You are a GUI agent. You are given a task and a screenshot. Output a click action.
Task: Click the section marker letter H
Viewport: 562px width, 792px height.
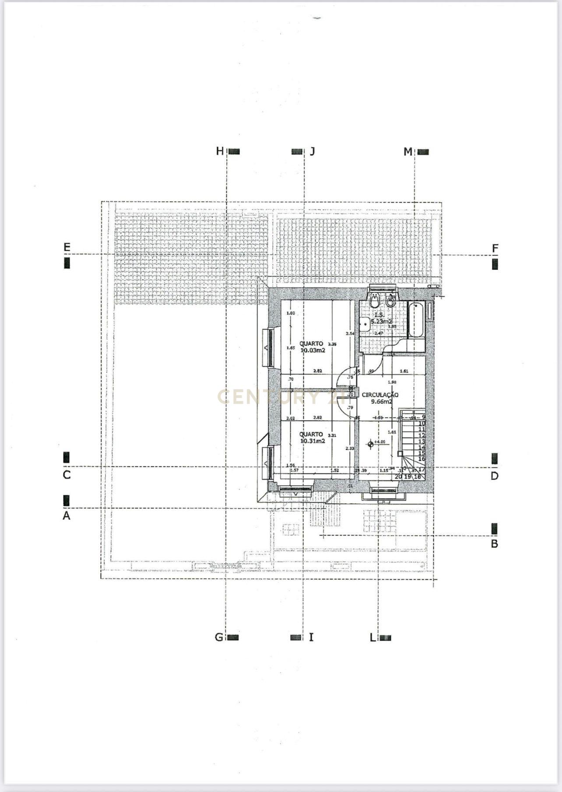tap(220, 151)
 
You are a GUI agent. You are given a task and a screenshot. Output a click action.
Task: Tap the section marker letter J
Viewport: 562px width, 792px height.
tap(312, 151)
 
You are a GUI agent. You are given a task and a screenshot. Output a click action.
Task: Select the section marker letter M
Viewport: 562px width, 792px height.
tap(407, 152)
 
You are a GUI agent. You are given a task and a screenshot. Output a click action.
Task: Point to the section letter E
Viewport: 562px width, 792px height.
tap(67, 247)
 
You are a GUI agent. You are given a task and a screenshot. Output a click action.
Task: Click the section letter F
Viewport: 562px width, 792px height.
tap(495, 249)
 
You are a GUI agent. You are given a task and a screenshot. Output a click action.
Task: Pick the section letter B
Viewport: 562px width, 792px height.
tap(494, 544)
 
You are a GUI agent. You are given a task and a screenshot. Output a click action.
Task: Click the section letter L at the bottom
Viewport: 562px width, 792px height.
tap(372, 638)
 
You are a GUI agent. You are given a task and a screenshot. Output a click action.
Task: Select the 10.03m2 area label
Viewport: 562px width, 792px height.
tap(313, 350)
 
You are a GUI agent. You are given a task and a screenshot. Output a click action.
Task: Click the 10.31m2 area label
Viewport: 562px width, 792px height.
tap(313, 441)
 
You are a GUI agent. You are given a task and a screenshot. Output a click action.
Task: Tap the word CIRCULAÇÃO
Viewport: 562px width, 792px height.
tap(380, 395)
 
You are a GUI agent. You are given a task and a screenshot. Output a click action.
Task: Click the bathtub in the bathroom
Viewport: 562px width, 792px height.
tap(415, 320)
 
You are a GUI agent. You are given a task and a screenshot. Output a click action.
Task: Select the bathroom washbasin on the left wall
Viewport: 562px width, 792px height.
tap(363, 324)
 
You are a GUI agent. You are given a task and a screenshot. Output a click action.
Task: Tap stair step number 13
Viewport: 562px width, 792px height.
tap(422, 441)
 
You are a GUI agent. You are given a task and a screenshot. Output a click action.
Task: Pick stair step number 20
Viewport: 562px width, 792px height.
tap(398, 477)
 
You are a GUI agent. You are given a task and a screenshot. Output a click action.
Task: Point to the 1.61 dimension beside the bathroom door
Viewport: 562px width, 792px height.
tap(404, 371)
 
